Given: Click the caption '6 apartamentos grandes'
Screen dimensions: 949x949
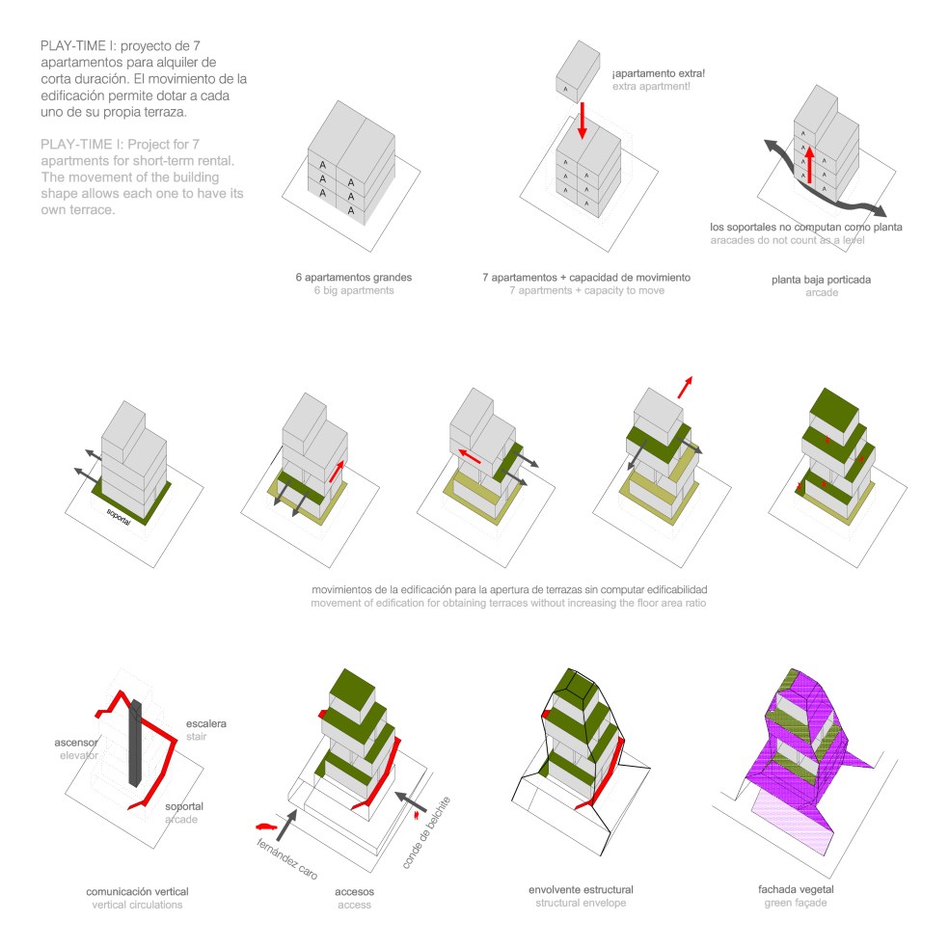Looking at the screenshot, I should coord(354,277).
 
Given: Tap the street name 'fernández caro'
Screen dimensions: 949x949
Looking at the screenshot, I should coord(287,852).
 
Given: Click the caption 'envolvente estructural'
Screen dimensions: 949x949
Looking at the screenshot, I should coord(581,888).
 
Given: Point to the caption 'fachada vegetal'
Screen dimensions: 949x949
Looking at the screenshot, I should coord(798,890).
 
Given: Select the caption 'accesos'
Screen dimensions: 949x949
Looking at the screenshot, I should coord(354,891).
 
